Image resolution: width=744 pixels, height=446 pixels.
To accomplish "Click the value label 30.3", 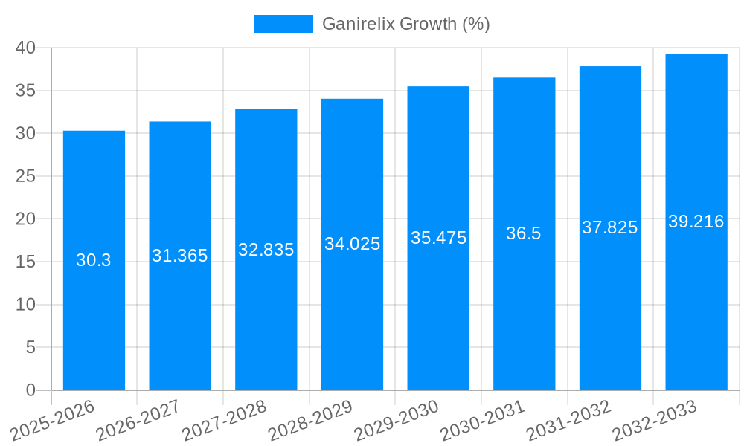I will click(94, 260).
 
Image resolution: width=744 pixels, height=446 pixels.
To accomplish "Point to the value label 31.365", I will click(180, 256).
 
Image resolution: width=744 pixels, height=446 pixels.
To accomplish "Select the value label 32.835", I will click(266, 250).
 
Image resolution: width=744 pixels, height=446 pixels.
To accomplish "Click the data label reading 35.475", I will click(438, 238).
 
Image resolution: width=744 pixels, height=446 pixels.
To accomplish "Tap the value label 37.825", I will click(610, 227).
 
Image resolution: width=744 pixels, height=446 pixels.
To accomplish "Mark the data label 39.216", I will click(696, 222).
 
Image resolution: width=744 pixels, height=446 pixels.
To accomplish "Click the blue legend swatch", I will click(283, 24).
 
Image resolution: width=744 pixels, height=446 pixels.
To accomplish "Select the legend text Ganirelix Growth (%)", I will click(405, 24).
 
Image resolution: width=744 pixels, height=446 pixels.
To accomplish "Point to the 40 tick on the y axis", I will click(26, 48).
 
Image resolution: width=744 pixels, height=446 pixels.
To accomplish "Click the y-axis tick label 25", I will click(26, 176).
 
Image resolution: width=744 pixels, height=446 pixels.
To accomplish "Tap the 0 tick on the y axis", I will click(31, 390).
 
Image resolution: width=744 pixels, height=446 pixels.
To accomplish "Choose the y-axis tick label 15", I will click(26, 262).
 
